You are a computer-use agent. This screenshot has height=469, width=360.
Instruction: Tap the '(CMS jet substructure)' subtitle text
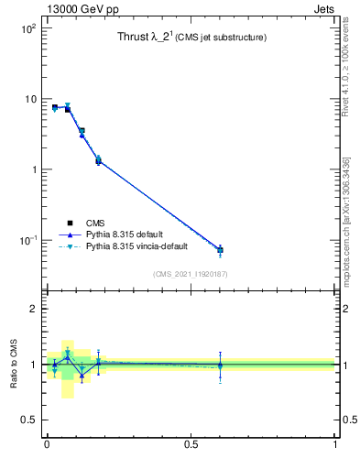tap(221, 38)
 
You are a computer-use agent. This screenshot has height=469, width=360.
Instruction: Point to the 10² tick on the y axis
tap(27, 28)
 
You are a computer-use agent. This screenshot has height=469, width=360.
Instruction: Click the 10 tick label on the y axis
tap(28, 99)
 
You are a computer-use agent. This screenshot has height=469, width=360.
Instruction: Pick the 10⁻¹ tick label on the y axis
tap(27, 240)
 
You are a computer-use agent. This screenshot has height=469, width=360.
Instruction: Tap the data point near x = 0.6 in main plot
tap(220, 250)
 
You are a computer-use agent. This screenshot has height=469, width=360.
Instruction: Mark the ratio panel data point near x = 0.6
tap(220, 365)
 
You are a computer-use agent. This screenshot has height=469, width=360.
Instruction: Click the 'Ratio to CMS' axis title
tap(14, 364)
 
